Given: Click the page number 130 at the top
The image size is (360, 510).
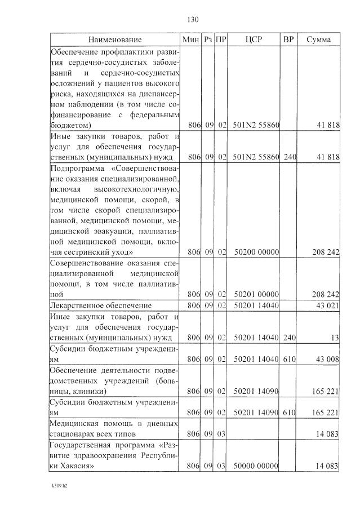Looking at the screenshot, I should point(192,20).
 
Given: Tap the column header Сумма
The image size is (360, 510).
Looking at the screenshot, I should point(319,39).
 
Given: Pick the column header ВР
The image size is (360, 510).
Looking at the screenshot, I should point(288,39).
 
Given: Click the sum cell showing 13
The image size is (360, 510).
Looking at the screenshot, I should point(335,338).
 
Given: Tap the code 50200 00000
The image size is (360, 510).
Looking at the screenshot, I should point(256,251).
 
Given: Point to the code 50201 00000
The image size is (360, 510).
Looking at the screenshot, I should point(256,294).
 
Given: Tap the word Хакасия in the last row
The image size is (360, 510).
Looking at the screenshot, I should point(76,466).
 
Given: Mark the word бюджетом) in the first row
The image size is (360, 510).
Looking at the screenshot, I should point(71,125).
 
